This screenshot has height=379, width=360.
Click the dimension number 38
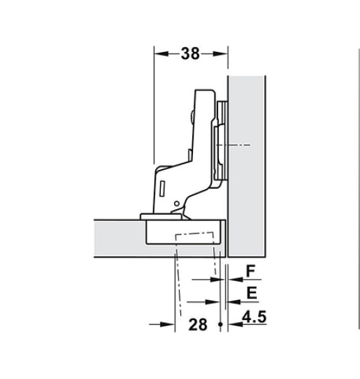tap(190, 53)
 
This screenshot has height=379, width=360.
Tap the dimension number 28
tap(198, 324)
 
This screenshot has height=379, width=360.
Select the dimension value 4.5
tap(255, 317)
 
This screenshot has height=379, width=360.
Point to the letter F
tap(251, 271)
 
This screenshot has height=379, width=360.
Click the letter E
tap(251, 293)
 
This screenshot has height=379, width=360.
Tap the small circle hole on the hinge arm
tap(177, 204)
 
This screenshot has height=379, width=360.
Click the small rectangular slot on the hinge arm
tap(162, 188)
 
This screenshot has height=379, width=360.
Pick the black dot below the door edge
tap(220, 324)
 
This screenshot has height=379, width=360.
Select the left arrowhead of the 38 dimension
tap(161, 53)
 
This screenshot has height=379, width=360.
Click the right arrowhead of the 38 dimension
tap(220, 53)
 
